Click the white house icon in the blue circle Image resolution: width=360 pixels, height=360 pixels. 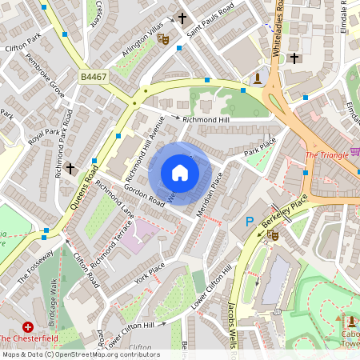pyautogui.click(x=180, y=173)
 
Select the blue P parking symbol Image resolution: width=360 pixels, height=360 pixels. pyautogui.click(x=249, y=222)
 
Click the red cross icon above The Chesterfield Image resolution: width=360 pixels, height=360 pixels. pyautogui.click(x=29, y=326)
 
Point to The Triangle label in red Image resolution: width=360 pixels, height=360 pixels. pyautogui.click(x=326, y=154)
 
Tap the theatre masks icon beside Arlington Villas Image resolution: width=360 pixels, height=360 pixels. pyautogui.click(x=164, y=38)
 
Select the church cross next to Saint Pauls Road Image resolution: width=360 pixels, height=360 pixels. pyautogui.click(x=182, y=18)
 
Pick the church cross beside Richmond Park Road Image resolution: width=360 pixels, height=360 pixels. pyautogui.click(x=70, y=169)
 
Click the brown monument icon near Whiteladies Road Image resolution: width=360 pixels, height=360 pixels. pyautogui.click(x=258, y=78)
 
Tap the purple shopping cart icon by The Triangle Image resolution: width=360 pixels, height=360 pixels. pyautogui.click(x=354, y=152)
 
